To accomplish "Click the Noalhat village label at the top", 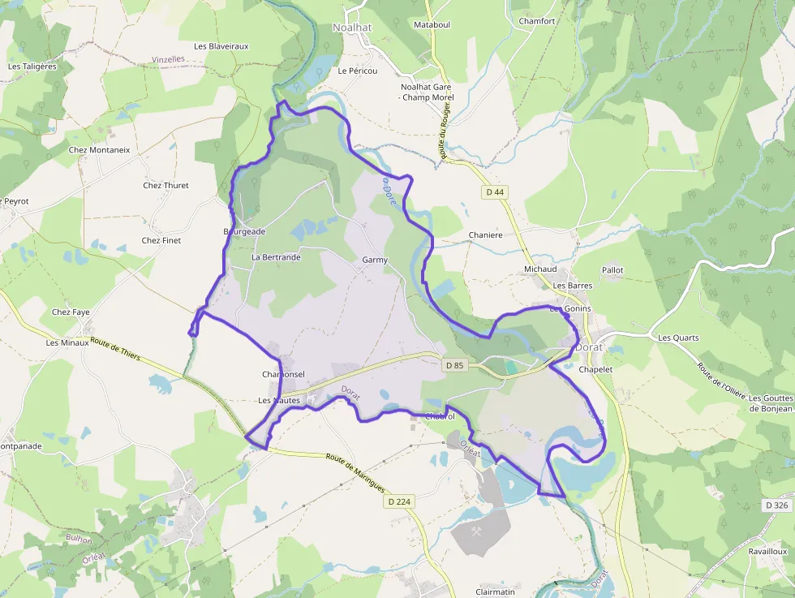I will [x=352, y=28].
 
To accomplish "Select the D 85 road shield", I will [x=454, y=366].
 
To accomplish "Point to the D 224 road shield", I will [x=398, y=501].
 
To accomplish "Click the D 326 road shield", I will [x=776, y=505].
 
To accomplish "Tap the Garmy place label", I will [x=375, y=260].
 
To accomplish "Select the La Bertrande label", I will [x=276, y=257].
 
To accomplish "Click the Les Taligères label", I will [x=32, y=67].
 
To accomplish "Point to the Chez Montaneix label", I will [x=99, y=150].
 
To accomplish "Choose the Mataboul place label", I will [x=432, y=26].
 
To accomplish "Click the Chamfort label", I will [x=537, y=21].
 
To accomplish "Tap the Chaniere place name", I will [x=486, y=235].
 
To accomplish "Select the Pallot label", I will [x=612, y=269].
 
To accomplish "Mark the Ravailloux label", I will [x=767, y=551].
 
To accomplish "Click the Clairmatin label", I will [x=495, y=592].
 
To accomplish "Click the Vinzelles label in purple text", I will [x=169, y=60].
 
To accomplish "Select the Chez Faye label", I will [x=71, y=312].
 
